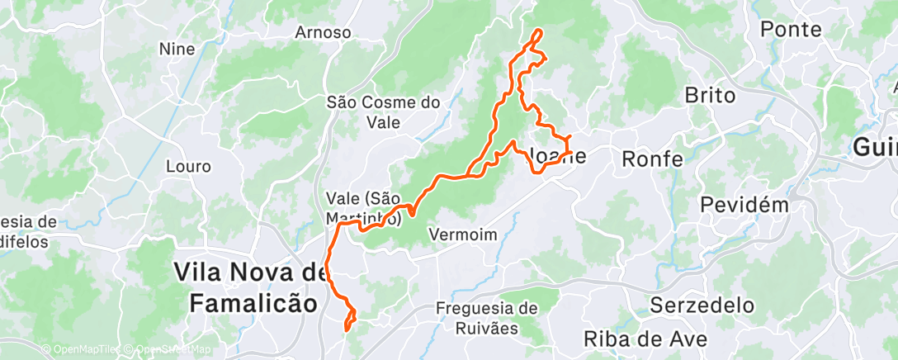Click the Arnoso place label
(x=324, y=33)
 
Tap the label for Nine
(x=177, y=50)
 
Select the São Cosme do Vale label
(x=384, y=112)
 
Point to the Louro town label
(x=188, y=166)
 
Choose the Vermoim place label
(x=463, y=235)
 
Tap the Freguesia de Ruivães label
(x=487, y=318)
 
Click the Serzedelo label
(x=702, y=305)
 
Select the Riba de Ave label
(x=646, y=339)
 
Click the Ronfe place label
(x=652, y=159)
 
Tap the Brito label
(x=710, y=96)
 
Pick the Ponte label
(x=791, y=30)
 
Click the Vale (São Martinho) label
(x=364, y=208)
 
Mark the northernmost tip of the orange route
(x=539, y=31)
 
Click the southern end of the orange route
(x=346, y=329)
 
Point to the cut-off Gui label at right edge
(x=876, y=148)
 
